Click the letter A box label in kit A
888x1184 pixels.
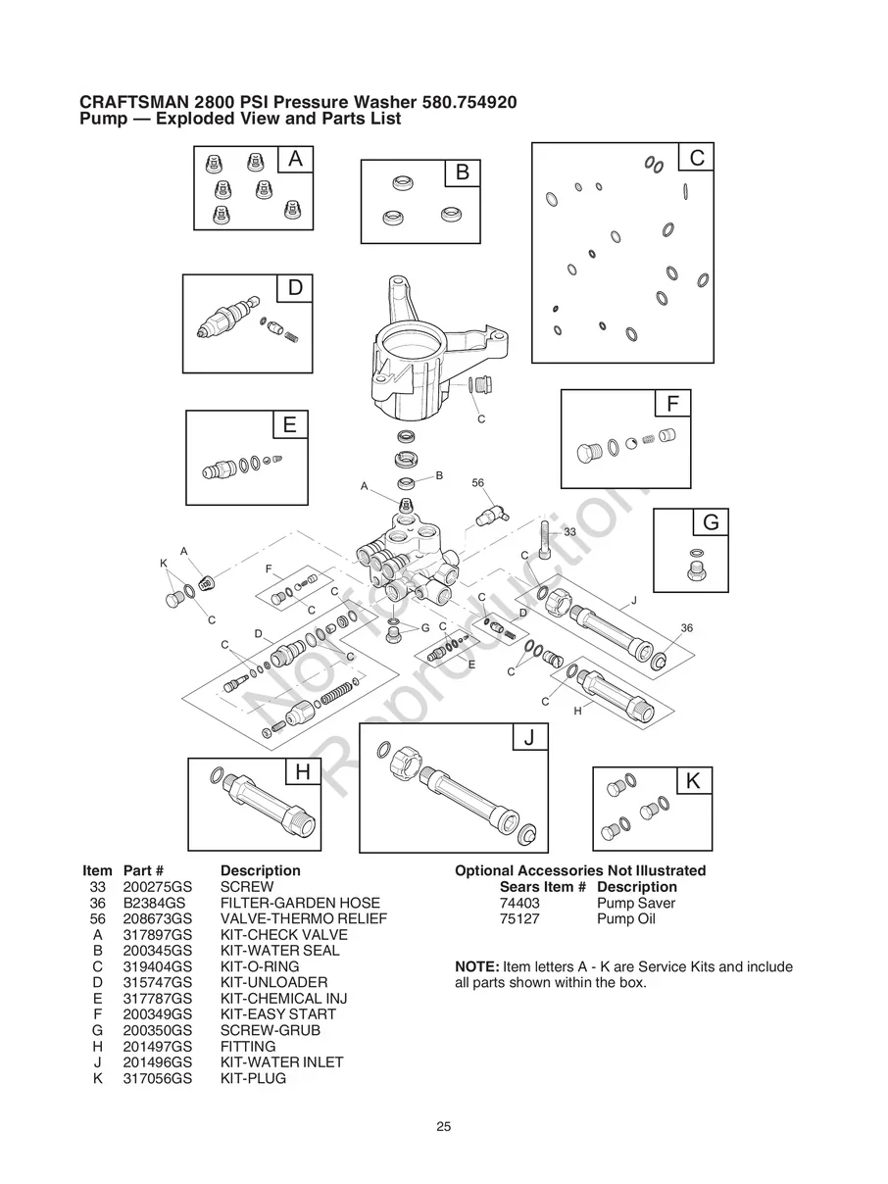point(295,159)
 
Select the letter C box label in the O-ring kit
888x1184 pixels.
point(696,158)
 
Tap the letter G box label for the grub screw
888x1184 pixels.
point(711,523)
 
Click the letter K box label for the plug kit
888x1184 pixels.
point(694,781)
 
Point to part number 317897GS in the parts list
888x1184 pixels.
point(157,935)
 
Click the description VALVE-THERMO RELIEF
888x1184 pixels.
point(304,918)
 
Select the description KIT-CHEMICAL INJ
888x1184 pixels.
point(284,999)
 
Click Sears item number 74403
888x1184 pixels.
point(519,903)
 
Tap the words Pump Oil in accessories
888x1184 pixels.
point(626,918)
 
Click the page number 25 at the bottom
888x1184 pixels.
point(444,1127)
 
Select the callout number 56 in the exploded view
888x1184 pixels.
point(478,483)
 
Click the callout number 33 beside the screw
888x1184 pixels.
point(568,531)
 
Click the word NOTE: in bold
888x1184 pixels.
point(477,967)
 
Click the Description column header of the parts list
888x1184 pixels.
point(260,870)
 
